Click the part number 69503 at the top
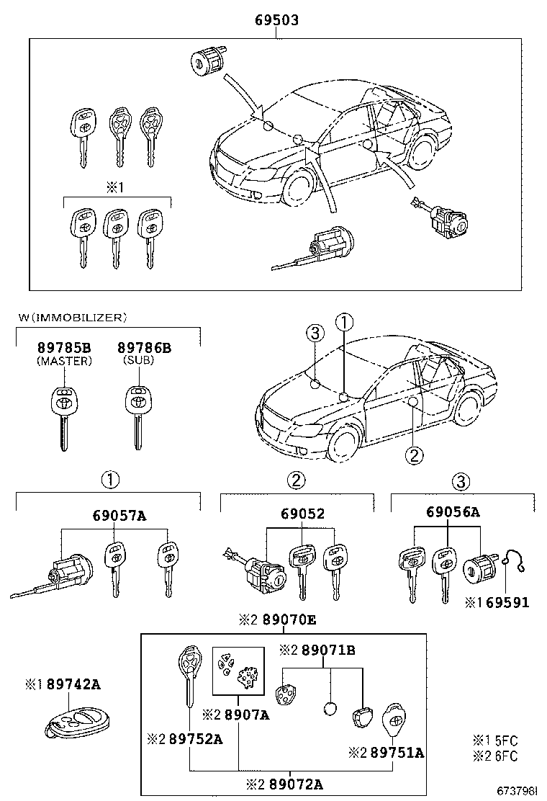click(276, 22)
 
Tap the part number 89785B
click(64, 349)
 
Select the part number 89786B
click(144, 349)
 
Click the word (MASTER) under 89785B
click(64, 362)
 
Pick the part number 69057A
click(119, 515)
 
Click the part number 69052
click(302, 514)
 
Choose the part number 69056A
click(453, 512)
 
